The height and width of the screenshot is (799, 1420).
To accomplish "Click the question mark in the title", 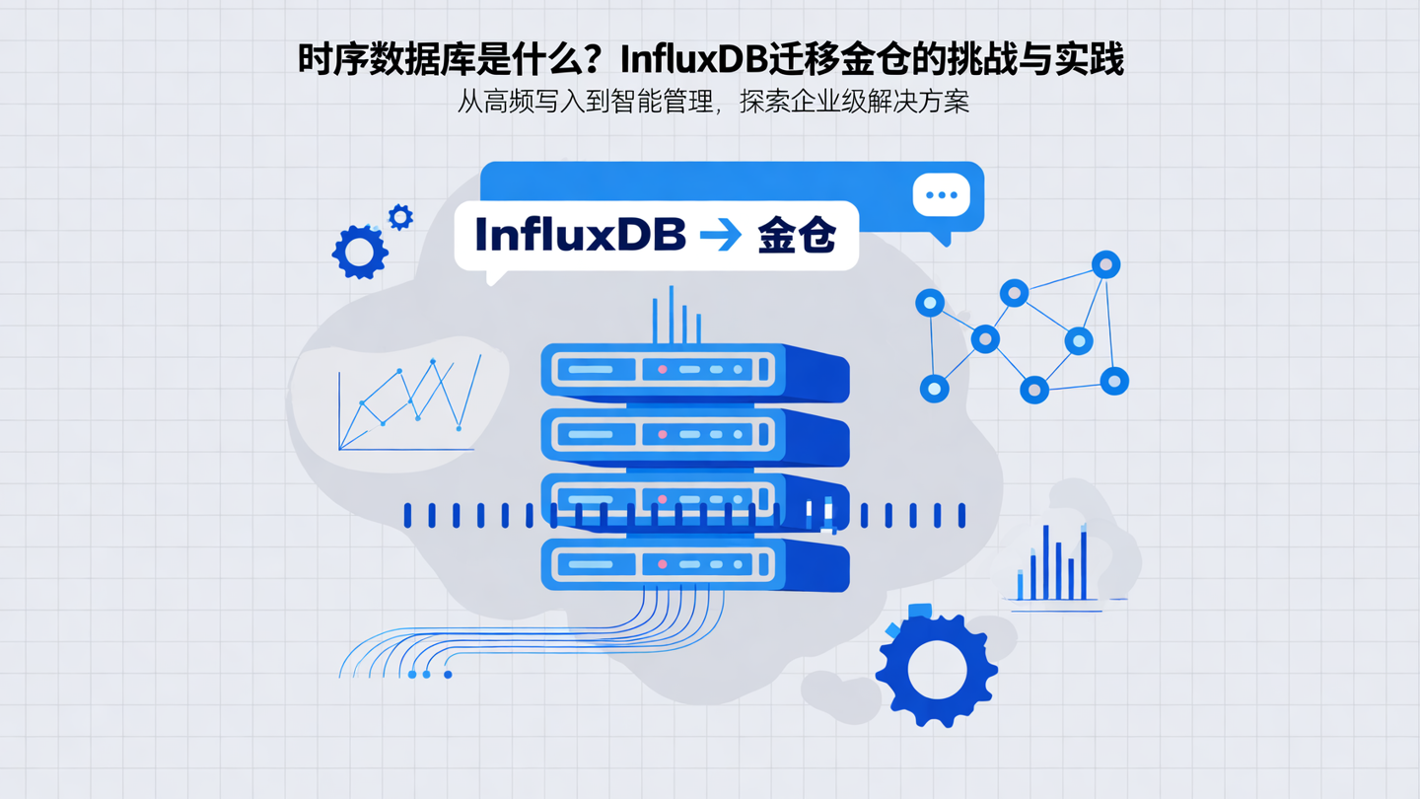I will point(601,60).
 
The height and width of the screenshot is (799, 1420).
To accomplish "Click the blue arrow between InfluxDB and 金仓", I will point(720,235).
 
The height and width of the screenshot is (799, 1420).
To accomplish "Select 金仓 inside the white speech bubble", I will point(797,236).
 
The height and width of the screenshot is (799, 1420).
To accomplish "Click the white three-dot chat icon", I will point(941,195).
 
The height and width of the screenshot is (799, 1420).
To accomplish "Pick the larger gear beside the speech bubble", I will point(359,252).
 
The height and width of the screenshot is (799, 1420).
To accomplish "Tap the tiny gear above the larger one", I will point(399,217).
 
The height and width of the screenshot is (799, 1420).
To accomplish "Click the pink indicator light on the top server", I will point(663,370).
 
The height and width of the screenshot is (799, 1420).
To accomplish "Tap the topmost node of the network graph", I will point(1105,264).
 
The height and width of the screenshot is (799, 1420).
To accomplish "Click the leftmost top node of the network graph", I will point(929,303).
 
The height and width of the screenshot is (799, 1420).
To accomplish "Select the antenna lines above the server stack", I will point(675,316).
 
